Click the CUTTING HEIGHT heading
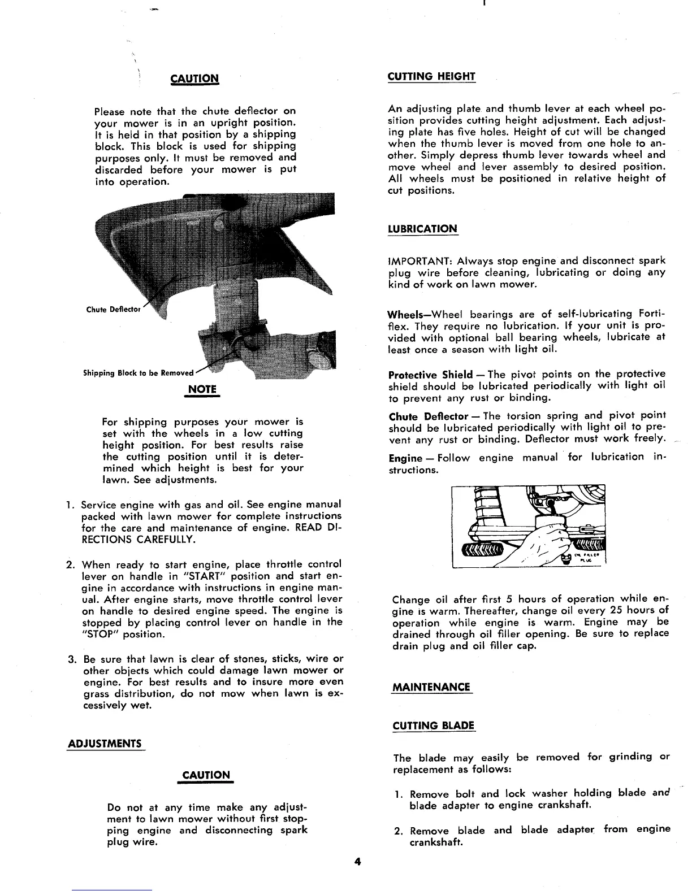[431, 76]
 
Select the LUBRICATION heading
[422, 229]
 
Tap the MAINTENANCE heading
[431, 687]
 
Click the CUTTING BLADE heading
[434, 725]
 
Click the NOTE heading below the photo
[202, 389]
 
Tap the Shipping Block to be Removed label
[138, 373]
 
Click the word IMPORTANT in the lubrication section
[419, 261]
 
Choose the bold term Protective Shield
[431, 375]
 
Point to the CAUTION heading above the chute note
[194, 78]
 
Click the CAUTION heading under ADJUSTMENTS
[206, 775]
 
